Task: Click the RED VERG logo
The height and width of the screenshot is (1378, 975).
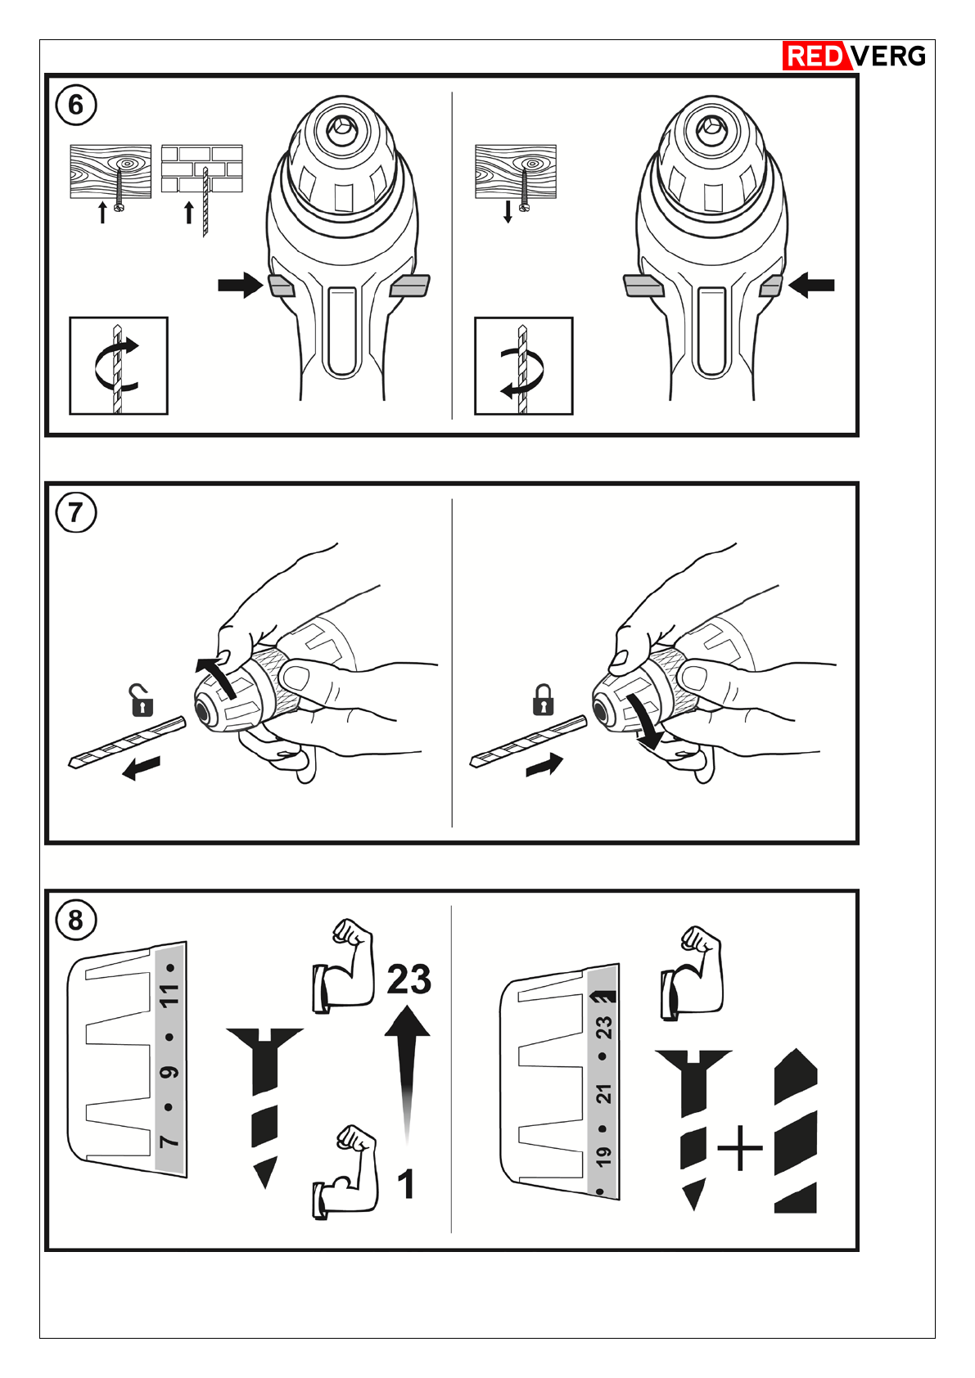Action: click(854, 56)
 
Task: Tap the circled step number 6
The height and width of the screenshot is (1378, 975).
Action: click(75, 105)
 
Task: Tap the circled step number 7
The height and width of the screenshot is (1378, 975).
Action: click(75, 512)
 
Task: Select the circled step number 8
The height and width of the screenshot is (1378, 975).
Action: click(75, 920)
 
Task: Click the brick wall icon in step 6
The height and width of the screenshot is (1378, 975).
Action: click(201, 169)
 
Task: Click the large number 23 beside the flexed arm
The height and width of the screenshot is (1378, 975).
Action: click(409, 979)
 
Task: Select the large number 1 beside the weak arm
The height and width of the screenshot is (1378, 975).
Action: click(405, 1184)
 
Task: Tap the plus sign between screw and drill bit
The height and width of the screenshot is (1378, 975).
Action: click(739, 1148)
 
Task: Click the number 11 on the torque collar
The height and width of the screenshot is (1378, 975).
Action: click(169, 996)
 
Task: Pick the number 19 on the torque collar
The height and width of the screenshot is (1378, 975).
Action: click(604, 1156)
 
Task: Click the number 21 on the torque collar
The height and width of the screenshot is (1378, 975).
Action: click(604, 1093)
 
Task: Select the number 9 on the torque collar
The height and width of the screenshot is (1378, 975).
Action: click(169, 1072)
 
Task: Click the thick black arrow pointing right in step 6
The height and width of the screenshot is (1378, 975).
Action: click(241, 286)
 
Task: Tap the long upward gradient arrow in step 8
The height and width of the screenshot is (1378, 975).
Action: click(407, 1072)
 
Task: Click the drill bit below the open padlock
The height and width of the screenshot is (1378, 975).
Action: click(127, 742)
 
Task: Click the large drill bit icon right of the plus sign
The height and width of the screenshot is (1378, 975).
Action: click(795, 1133)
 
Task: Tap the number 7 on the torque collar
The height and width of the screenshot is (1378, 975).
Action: click(169, 1141)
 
